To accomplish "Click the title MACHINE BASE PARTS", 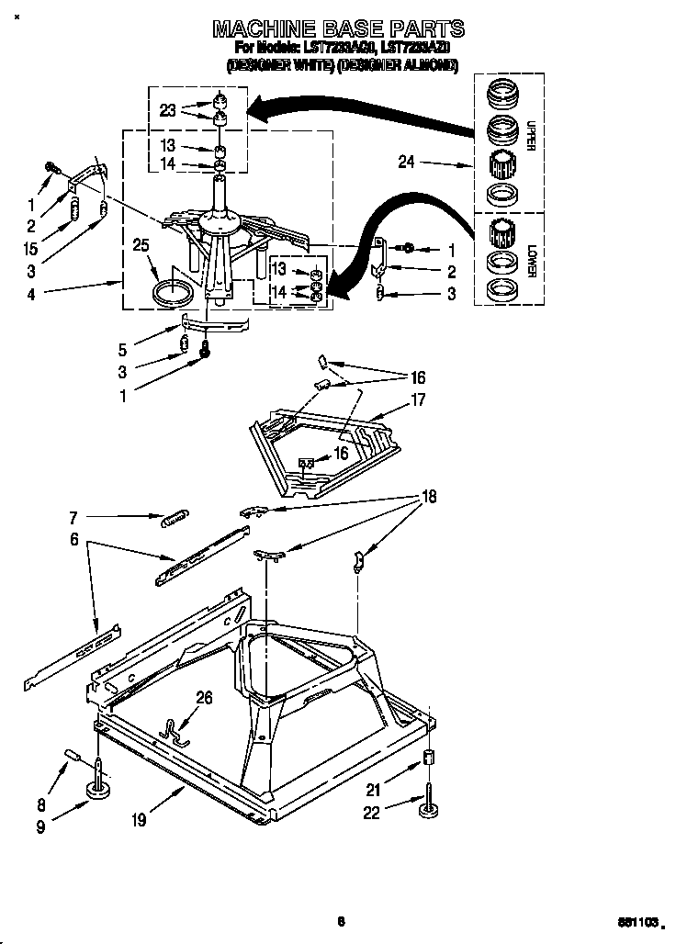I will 338,28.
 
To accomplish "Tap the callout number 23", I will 166,110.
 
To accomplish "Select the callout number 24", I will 407,163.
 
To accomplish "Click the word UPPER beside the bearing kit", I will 531,135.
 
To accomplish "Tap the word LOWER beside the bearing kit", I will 531,260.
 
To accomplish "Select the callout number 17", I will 419,399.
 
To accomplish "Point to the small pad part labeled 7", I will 174,519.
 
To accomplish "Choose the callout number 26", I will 204,698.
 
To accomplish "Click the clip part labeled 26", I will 175,728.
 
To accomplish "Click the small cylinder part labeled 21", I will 427,759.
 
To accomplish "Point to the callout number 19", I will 138,820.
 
